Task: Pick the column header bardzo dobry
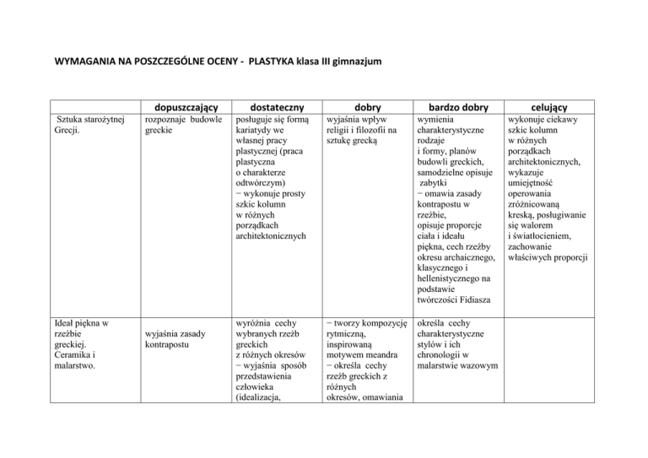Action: pos(456,107)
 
